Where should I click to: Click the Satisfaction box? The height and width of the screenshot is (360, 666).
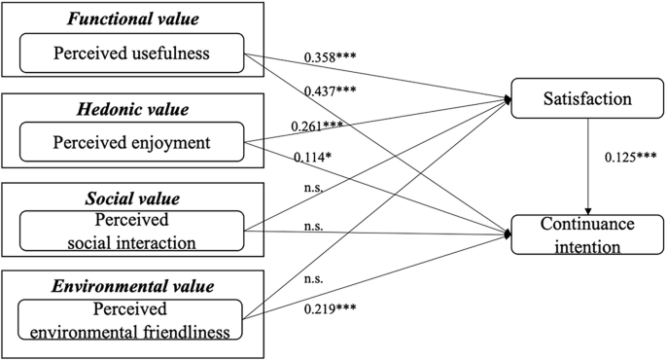pos(580,99)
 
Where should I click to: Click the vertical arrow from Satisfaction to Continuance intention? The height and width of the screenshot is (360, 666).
pos(588,165)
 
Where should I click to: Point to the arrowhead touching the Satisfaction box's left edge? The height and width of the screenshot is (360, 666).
pos(508,99)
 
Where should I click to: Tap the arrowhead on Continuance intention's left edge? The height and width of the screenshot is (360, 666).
pos(508,233)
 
